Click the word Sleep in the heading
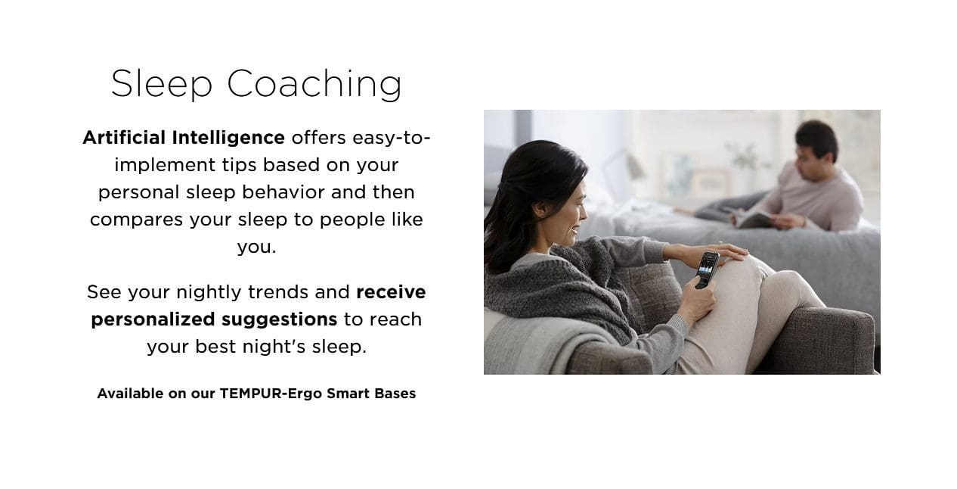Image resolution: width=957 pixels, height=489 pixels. click(x=162, y=84)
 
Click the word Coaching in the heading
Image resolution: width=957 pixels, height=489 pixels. click(x=314, y=84)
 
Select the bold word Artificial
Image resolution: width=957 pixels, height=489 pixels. click(x=124, y=138)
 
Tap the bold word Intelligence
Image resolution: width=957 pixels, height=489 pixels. click(x=228, y=139)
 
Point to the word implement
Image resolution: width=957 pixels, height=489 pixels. click(x=165, y=166)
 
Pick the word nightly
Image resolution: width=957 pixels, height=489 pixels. click(x=209, y=293)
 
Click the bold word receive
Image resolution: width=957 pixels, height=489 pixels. click(x=391, y=292)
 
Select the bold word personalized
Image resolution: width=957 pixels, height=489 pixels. click(x=153, y=320)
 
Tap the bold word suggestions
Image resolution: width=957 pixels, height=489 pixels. click(x=280, y=320)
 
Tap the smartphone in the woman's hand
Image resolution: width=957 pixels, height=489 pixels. click(x=707, y=270)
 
